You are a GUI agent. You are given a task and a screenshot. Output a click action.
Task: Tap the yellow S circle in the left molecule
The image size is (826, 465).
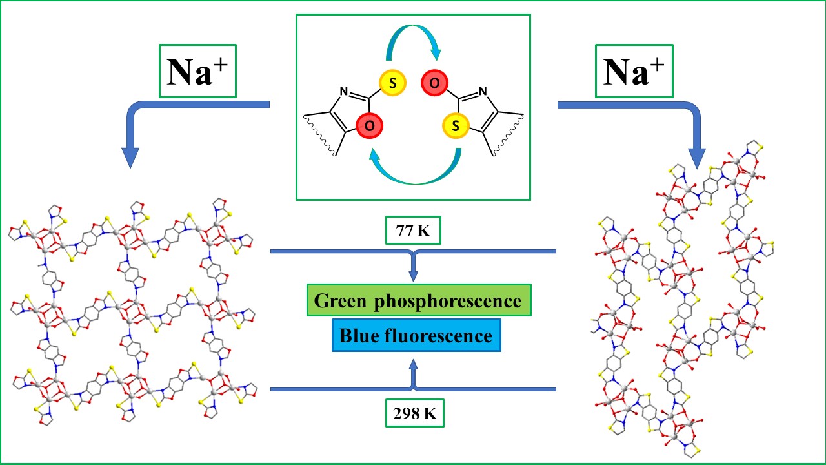pyautogui.click(x=390, y=83)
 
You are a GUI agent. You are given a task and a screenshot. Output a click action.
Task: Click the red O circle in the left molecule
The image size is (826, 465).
pyautogui.click(x=368, y=127)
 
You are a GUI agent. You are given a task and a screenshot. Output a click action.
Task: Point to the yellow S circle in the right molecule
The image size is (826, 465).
pyautogui.click(x=457, y=127)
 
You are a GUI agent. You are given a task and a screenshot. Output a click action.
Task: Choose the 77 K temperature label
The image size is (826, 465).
pyautogui.click(x=414, y=231)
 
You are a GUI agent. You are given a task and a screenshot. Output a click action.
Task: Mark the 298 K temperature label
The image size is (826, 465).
pyautogui.click(x=414, y=413)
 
